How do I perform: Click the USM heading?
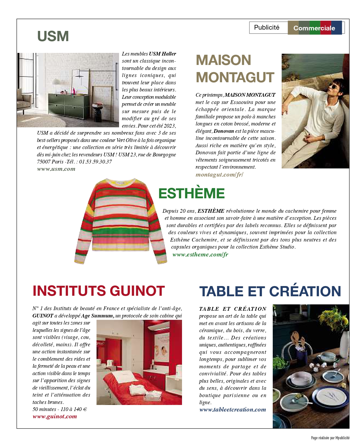53,36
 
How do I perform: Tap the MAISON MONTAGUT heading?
235,69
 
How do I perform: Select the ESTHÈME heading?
191,193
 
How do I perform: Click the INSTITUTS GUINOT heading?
99,291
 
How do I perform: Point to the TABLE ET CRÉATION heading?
270,291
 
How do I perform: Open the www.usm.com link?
56,169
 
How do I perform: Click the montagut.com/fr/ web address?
219,175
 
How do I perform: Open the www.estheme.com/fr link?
200,254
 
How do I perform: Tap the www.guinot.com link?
55,416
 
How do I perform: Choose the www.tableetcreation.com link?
233,410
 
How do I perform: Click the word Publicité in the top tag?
267,28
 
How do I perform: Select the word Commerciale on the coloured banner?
314,28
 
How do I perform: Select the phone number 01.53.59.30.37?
95,162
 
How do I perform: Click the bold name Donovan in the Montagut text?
223,131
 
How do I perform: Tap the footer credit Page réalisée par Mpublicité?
330,438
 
